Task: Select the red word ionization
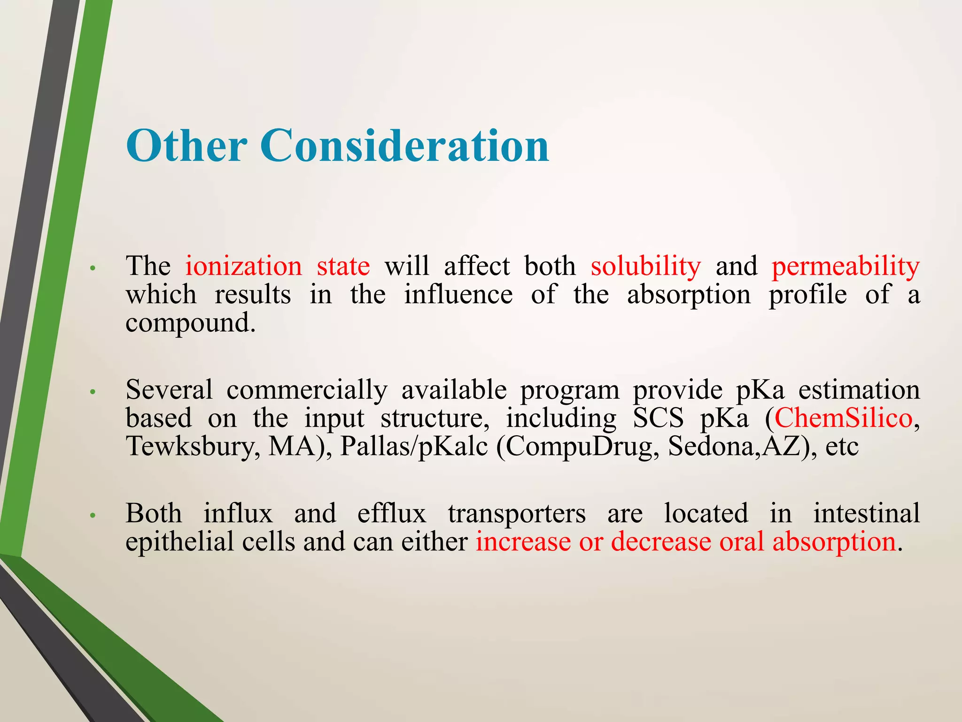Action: click(243, 266)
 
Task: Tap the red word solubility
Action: click(645, 266)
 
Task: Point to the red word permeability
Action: click(846, 267)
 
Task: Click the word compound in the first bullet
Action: click(190, 323)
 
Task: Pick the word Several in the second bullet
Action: click(169, 390)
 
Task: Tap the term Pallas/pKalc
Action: click(414, 446)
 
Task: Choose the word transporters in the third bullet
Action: click(517, 513)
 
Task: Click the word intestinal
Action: click(867, 513)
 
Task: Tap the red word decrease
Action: click(661, 541)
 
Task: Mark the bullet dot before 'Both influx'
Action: click(93, 516)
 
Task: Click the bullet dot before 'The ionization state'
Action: click(93, 268)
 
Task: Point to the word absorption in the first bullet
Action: click(689, 295)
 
